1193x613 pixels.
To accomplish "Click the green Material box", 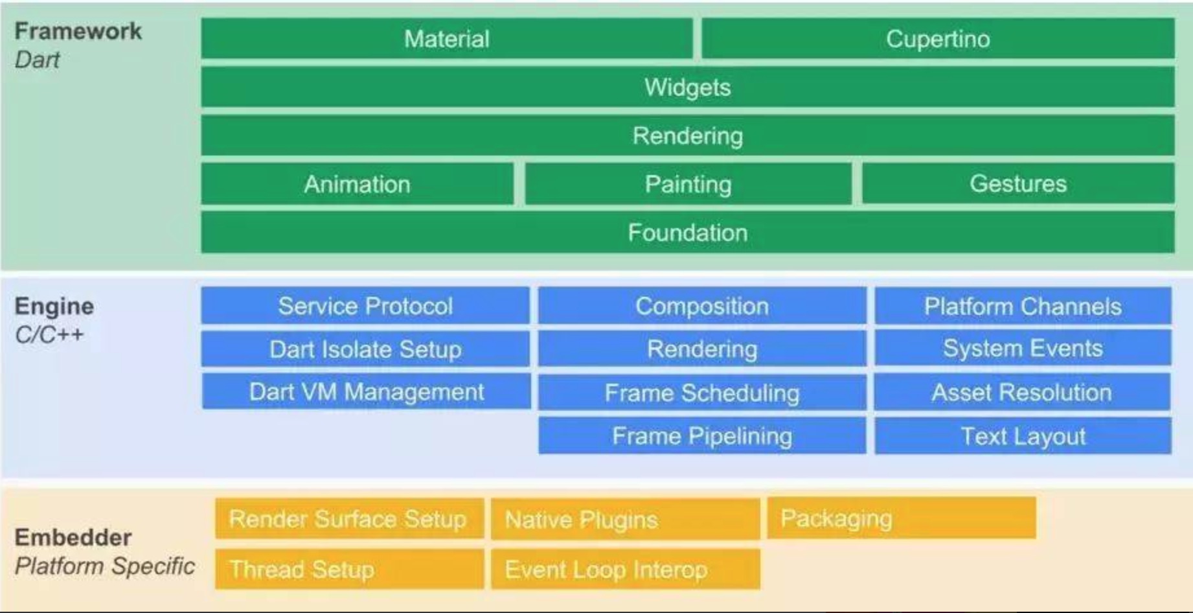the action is pos(447,39).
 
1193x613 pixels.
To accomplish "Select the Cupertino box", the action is pos(938,39).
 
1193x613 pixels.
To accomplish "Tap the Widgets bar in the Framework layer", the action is pos(688,87).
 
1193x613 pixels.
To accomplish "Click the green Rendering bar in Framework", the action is pos(688,135).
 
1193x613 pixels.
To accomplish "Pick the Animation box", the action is pos(358,184).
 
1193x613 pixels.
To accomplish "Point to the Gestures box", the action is pos(1018,183).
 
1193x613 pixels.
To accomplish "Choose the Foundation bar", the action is pos(688,232).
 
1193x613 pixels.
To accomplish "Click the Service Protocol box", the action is pos(365,306).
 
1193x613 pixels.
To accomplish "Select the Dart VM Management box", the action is pos(367,391).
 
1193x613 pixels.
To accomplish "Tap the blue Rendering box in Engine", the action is pos(702,349).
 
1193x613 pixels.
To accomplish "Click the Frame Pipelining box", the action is pos(702,435).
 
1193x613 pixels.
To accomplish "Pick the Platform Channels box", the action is pos(1023,306).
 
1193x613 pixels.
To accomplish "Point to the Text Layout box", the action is pos(1023,435).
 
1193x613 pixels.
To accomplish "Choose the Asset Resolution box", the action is pos(1022,392).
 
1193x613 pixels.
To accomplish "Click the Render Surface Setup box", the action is pos(350,518).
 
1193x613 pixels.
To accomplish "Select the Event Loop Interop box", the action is pos(626,569).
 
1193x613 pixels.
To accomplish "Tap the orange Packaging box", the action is pos(902,518).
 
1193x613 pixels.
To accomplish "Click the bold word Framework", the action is pos(78,31).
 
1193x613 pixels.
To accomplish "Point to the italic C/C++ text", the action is pos(49,334).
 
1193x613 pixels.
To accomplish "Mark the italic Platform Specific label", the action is pos(105,566).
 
